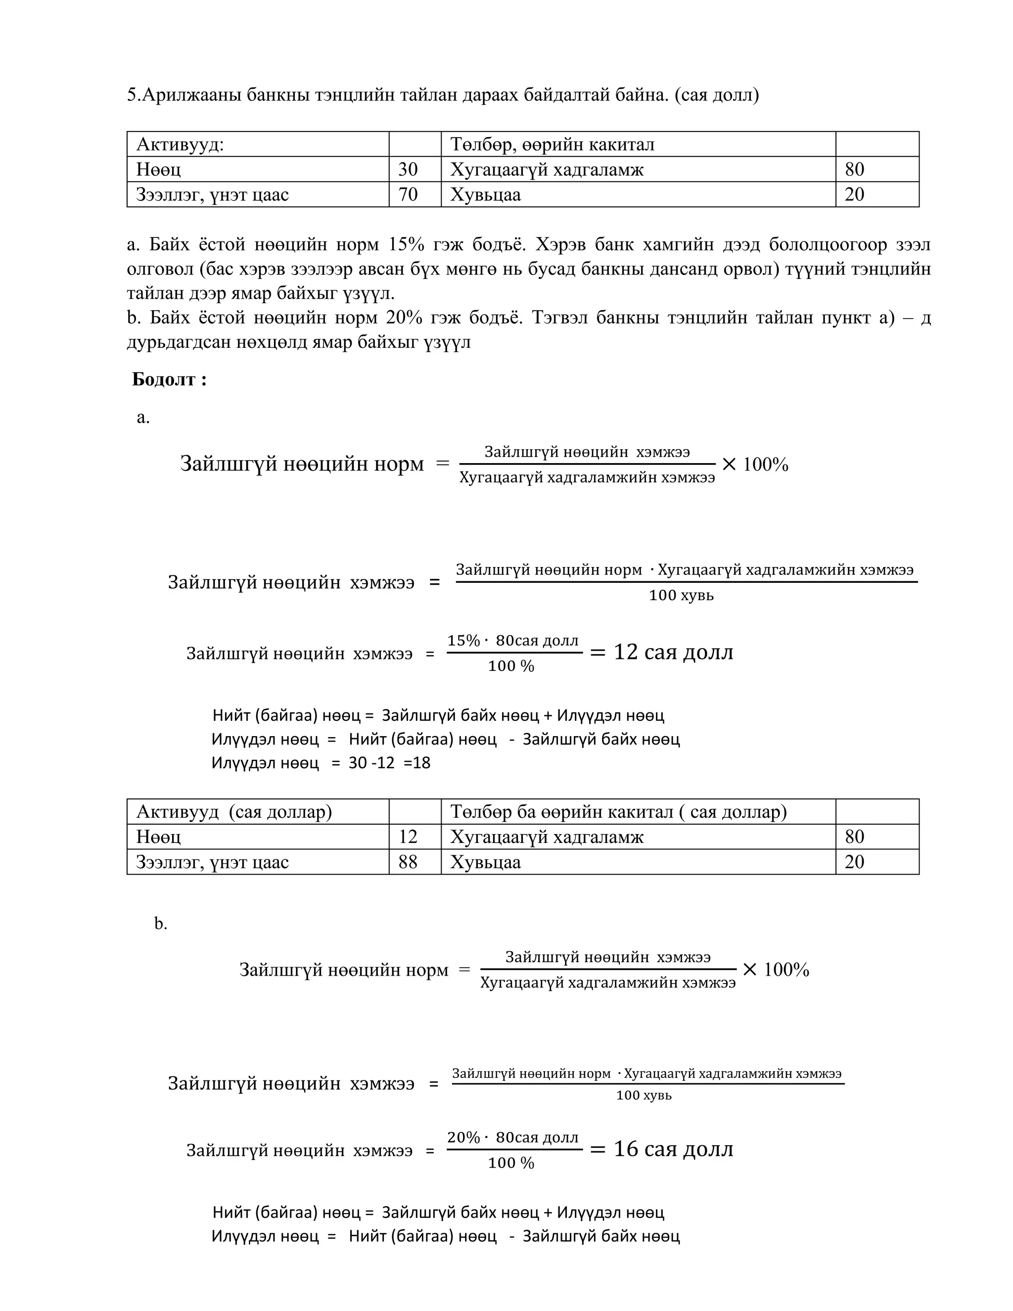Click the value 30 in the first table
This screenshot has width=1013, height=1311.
point(408,169)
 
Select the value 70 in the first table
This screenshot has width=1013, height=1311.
point(408,194)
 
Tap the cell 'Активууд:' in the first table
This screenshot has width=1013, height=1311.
point(180,144)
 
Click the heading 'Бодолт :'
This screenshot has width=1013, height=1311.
point(169,379)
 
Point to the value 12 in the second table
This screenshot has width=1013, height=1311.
point(408,837)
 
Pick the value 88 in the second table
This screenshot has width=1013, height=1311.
point(408,862)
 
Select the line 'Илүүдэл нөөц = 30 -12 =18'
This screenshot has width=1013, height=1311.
point(321,763)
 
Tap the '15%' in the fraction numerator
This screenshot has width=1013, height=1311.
point(463,641)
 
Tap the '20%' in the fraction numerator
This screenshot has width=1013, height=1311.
point(463,1137)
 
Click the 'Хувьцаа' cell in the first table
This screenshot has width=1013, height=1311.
point(486,194)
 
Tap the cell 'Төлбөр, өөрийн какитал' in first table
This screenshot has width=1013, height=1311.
point(552,144)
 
